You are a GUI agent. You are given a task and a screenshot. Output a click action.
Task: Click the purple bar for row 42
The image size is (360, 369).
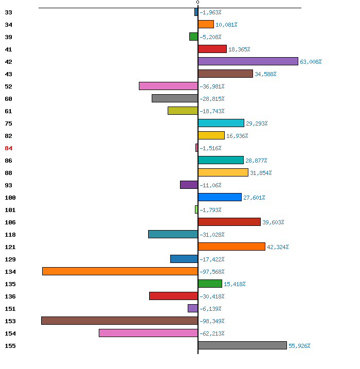[248, 61]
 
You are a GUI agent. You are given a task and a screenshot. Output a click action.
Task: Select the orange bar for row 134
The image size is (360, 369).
[120, 271]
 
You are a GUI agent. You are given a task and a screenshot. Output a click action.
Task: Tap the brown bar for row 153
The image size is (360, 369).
[120, 321]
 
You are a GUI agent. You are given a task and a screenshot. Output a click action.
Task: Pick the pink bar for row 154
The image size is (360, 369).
[149, 333]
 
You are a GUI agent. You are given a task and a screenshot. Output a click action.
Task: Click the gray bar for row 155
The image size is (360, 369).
[242, 345]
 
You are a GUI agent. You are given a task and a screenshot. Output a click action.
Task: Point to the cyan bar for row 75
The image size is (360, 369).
[221, 123]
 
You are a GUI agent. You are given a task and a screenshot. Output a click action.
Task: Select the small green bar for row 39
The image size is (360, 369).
[194, 37]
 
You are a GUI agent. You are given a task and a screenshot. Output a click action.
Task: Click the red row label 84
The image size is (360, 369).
[8, 148]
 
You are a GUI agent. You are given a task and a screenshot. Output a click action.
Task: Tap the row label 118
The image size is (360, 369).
[10, 235]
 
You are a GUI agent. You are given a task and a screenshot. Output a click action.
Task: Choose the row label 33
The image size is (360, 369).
[8, 12]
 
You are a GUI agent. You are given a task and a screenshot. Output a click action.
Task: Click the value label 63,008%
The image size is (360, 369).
[311, 62]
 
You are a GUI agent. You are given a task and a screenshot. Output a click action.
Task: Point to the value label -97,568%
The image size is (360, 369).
[212, 272]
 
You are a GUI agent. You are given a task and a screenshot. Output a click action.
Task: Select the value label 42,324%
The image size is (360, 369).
[278, 247]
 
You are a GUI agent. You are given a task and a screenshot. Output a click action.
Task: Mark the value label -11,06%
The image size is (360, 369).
[210, 185]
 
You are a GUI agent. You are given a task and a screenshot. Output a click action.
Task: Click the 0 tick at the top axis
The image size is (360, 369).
[198, 3]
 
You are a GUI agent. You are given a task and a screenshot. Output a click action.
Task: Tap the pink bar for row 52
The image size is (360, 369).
[168, 86]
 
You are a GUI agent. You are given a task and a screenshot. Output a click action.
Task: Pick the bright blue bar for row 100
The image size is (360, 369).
[220, 197]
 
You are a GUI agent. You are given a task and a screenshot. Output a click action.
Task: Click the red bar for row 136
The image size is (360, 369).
[173, 296]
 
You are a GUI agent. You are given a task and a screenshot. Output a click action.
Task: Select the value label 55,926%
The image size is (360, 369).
[299, 346]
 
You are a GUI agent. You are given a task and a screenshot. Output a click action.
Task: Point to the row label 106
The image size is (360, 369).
[10, 222]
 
